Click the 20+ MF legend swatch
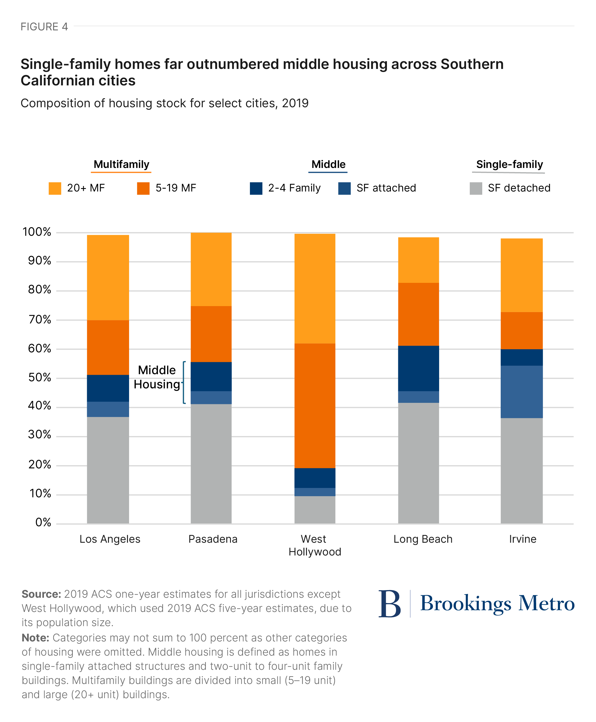coord(55,188)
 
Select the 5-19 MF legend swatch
coord(143,188)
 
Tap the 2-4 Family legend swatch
coord(256,188)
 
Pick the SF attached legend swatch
coord(344,188)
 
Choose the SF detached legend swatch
coord(476,188)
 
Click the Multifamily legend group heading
coord(121,165)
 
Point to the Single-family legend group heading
coord(509,165)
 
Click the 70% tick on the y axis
coord(39,320)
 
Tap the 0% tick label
coord(43,522)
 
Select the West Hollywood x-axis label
coord(315,545)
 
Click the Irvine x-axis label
coord(522,539)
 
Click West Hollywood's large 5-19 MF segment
coord(315,405)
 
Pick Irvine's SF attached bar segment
coord(521,392)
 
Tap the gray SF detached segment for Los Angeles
coord(108,470)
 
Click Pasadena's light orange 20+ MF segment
coord(211,270)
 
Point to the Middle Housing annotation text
coord(157,377)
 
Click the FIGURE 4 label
coord(44,27)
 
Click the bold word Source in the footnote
coord(41,594)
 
